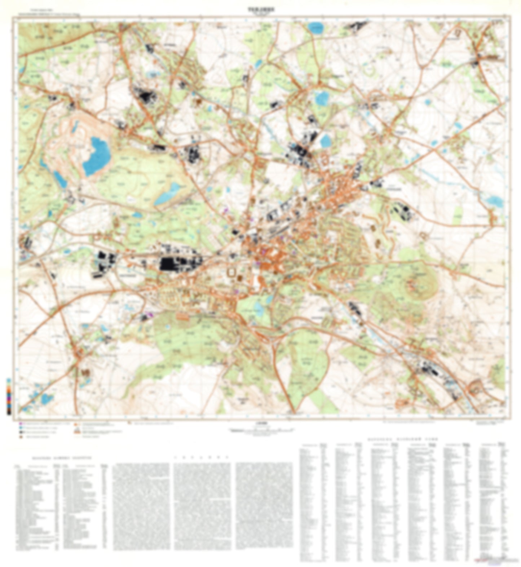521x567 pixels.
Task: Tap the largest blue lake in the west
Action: [96, 156]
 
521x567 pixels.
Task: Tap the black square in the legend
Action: [21, 432]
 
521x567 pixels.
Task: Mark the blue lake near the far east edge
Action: [494, 201]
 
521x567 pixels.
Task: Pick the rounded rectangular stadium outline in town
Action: [231, 273]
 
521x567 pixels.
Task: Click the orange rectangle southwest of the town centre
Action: [183, 316]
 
